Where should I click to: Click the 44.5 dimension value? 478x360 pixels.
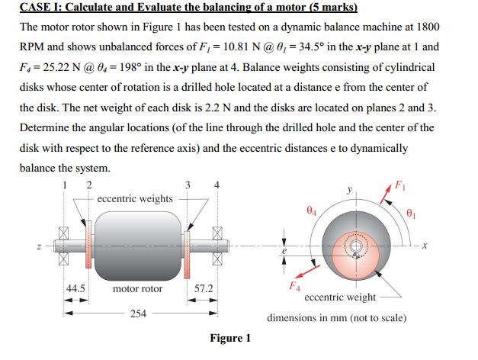(x=75, y=288)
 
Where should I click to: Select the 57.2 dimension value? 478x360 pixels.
(x=204, y=288)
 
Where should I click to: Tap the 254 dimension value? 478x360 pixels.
(x=137, y=313)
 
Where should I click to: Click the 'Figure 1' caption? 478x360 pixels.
(x=229, y=338)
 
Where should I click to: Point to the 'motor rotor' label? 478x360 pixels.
(x=137, y=288)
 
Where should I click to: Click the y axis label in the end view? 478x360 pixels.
(x=350, y=191)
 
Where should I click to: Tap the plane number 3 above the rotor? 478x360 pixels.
(x=188, y=184)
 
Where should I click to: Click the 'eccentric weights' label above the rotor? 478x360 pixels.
(x=135, y=198)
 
